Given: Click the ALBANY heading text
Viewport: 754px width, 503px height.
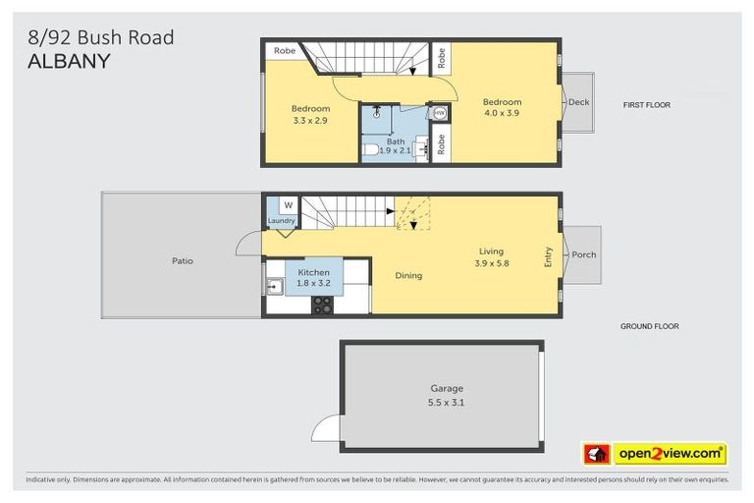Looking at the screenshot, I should (68, 60).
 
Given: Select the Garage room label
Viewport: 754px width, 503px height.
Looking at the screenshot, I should (445, 395).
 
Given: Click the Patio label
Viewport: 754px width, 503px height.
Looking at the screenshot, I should (182, 261).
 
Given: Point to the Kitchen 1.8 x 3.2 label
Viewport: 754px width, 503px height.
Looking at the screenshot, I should (314, 276).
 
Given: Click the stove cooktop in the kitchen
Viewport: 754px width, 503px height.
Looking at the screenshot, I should (322, 305).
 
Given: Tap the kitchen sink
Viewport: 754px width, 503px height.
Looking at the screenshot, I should (274, 287).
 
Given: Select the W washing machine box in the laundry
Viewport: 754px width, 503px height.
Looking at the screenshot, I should (288, 205).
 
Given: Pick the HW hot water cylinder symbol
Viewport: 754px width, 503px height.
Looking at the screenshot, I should (439, 113).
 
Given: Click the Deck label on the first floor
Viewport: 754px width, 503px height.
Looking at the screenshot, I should (578, 101).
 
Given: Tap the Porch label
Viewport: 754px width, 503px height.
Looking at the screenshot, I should (584, 254).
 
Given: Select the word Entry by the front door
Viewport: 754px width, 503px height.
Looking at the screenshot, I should (549, 255).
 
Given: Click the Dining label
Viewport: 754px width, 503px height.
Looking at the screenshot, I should (408, 276).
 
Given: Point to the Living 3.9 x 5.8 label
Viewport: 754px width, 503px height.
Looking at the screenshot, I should (491, 257).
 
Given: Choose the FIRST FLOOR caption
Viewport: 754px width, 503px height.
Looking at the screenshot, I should (647, 104).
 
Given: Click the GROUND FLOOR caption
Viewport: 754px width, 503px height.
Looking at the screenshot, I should (649, 326).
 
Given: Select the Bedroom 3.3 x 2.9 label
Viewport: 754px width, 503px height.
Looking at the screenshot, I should (310, 114).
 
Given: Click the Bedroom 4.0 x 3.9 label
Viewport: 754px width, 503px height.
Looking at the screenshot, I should (501, 107).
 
